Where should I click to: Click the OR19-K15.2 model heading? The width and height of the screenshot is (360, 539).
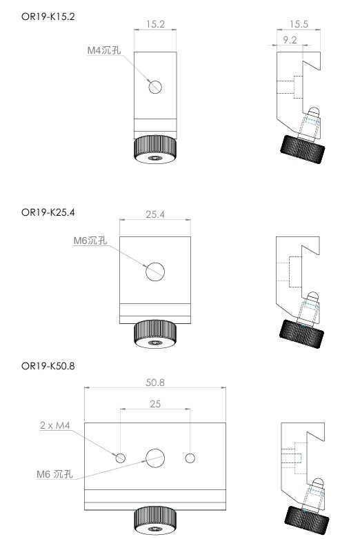pyautogui.click(x=48, y=17)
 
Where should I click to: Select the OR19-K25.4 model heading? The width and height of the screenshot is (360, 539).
pyautogui.click(x=48, y=212)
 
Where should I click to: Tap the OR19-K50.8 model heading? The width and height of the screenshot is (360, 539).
pyautogui.click(x=48, y=366)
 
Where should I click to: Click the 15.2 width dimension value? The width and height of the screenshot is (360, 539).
pyautogui.click(x=155, y=24)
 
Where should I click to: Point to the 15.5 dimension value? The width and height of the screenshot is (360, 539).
pyautogui.click(x=299, y=24)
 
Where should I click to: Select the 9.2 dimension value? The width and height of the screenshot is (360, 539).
pyautogui.click(x=290, y=40)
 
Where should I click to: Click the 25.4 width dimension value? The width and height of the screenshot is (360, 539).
pyautogui.click(x=155, y=214)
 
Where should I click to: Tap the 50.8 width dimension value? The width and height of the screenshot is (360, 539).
pyautogui.click(x=155, y=383)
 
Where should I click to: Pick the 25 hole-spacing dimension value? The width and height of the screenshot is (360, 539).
pyautogui.click(x=155, y=404)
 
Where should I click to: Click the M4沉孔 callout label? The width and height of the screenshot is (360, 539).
pyautogui.click(x=104, y=50)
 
